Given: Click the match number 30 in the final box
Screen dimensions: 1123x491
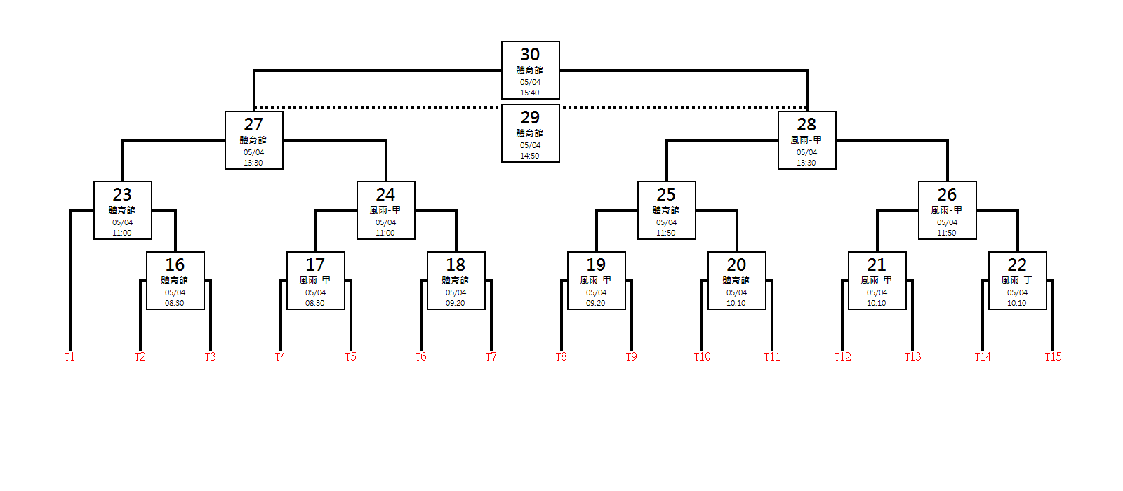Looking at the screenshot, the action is point(530,54).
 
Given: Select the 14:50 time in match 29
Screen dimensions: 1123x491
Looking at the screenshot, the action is point(530,156).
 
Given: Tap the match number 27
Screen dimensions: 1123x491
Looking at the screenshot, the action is point(253,124).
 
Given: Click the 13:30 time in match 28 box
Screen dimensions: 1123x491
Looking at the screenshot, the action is point(806,163).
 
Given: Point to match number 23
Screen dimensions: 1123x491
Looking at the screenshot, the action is point(122,194).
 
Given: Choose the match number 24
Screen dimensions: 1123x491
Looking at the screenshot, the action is point(385,194).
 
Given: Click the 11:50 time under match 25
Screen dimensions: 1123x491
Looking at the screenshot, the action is point(666,233).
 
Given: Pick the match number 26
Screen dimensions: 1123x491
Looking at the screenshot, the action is point(947,194).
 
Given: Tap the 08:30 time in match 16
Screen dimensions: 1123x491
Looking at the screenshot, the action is point(175,303).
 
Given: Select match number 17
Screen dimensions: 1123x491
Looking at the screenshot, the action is point(315,264).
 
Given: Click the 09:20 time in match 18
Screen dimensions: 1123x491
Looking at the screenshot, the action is point(456,303).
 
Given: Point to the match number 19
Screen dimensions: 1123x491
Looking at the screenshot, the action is point(596,264).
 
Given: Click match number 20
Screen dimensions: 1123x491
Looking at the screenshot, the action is point(736,264).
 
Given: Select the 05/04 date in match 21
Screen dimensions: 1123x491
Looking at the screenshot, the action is point(877,292).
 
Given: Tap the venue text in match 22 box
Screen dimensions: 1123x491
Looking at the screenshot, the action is point(1017,280).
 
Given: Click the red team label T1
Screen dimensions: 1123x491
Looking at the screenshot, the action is point(69,356).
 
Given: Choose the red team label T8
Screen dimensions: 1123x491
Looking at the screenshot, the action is point(561,356).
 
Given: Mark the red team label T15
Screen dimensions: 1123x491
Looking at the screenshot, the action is point(1053,356).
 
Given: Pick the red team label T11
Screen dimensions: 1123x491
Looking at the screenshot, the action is point(772,356).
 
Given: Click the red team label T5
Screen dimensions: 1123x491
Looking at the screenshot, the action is point(350,356).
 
